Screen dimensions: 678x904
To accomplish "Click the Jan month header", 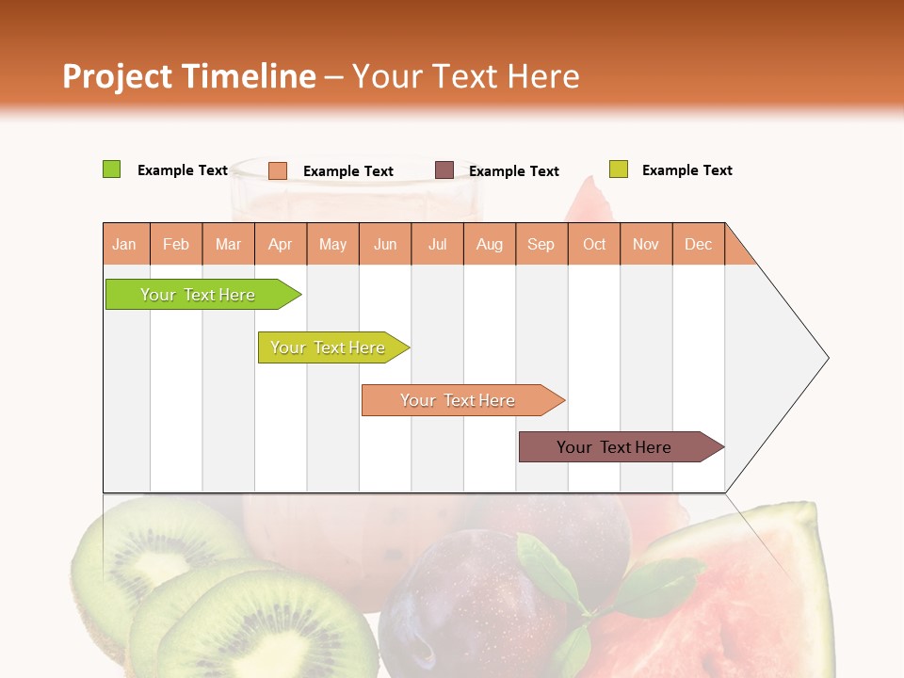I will click(x=125, y=244).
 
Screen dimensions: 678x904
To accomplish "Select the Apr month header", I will click(x=281, y=244).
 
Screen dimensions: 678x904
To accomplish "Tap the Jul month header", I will click(x=437, y=244).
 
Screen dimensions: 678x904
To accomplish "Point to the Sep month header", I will click(x=541, y=244).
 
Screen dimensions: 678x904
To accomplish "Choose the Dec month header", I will click(x=698, y=244).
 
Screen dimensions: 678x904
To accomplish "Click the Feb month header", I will click(x=176, y=244).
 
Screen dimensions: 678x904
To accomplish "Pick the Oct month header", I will click(x=594, y=244).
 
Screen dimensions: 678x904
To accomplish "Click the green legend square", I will click(x=111, y=169).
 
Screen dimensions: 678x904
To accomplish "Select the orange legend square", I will click(x=278, y=170).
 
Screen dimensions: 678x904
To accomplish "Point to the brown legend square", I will click(x=444, y=170).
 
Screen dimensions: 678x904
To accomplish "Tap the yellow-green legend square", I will click(x=618, y=169).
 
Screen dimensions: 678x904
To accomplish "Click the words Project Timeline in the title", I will click(x=188, y=76).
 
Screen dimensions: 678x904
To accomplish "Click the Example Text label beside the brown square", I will click(x=514, y=171).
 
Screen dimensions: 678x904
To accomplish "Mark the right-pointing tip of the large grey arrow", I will click(x=827, y=358).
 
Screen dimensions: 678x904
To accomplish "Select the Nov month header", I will click(x=646, y=244).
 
